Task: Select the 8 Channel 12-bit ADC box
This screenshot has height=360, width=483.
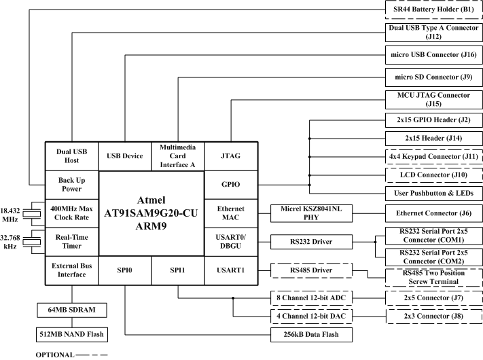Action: click(x=310, y=298)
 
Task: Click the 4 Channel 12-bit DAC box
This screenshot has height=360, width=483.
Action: click(x=310, y=315)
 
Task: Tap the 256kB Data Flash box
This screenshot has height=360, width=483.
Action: click(x=310, y=334)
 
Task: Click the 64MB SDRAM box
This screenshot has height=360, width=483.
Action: click(x=71, y=310)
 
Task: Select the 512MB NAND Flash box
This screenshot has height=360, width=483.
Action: click(x=71, y=334)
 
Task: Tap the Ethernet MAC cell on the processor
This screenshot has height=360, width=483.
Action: click(x=231, y=213)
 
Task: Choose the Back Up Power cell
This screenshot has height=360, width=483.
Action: click(x=71, y=183)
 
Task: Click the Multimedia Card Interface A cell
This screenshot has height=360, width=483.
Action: click(x=178, y=156)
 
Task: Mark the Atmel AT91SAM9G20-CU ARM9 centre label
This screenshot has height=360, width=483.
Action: click(x=151, y=213)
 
